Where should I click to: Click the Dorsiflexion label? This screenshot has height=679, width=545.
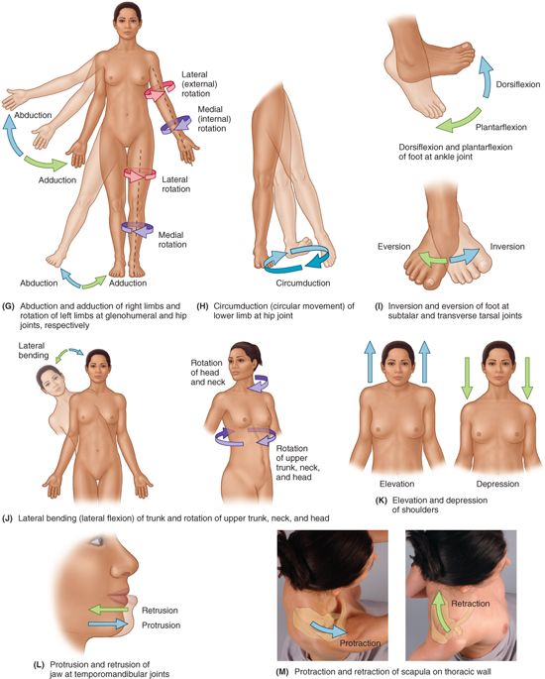517,84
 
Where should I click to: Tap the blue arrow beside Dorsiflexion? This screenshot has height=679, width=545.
487,77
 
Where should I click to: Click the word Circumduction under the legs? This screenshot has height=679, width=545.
303,283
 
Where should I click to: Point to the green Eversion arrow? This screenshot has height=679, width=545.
433,260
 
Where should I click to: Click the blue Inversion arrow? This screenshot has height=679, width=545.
465,256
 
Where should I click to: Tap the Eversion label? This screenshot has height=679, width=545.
394,247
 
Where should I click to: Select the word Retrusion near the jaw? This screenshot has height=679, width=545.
160,611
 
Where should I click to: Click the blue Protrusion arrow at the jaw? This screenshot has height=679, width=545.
108,624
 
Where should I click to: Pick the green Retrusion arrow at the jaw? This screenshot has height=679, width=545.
108,610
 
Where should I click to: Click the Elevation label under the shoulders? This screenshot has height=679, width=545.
397,484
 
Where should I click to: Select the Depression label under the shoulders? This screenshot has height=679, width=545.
497,484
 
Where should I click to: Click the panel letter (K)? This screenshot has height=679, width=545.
381,501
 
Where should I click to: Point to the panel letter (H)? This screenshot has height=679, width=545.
202,306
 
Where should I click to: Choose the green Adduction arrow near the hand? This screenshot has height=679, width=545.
45,163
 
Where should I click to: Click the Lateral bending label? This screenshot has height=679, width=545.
33,350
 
